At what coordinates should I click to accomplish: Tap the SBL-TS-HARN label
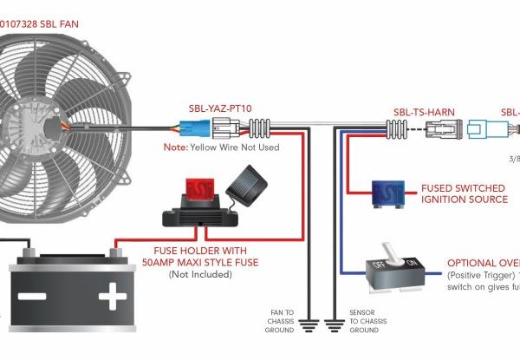tap(424, 112)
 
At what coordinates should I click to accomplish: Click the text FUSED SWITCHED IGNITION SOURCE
tap(464, 193)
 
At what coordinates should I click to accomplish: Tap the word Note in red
tap(176, 147)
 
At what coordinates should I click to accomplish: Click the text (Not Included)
tap(201, 274)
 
